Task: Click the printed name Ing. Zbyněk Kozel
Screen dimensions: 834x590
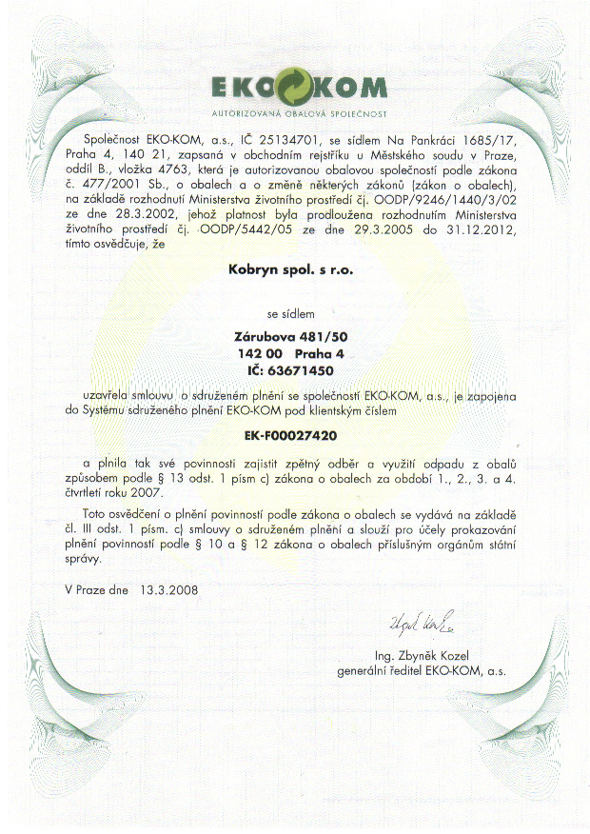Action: tap(423, 655)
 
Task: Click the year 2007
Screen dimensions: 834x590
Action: tap(147, 493)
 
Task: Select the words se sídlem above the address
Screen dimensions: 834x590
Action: tap(291, 311)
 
